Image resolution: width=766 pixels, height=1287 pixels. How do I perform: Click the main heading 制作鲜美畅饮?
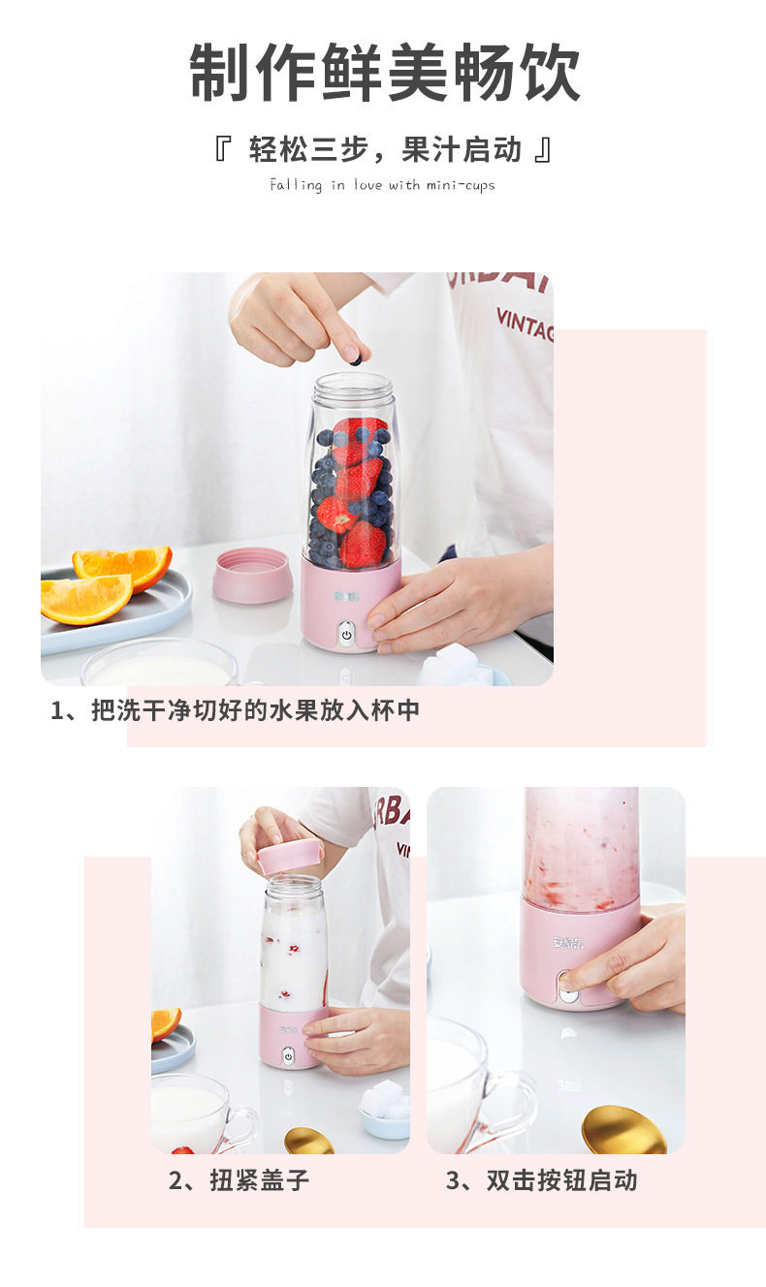pyautogui.click(x=384, y=73)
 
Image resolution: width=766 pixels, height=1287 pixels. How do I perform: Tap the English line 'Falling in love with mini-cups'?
pyautogui.click(x=382, y=185)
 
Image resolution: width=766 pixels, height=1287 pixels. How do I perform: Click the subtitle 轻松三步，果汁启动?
pyautogui.click(x=385, y=149)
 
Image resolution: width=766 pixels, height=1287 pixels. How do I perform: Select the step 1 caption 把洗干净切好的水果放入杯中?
pyautogui.click(x=256, y=710)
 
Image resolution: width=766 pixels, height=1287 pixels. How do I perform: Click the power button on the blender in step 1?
pyautogui.click(x=346, y=636)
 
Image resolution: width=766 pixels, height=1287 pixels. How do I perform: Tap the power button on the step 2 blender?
pyautogui.click(x=288, y=1056)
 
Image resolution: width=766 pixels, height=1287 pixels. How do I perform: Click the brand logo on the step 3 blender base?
pyautogui.click(x=568, y=943)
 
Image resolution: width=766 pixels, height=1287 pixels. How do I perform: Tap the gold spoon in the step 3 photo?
pyautogui.click(x=622, y=1131)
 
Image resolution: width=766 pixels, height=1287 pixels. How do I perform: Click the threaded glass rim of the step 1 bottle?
pyautogui.click(x=353, y=389)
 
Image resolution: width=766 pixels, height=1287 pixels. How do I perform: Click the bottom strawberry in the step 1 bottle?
pyautogui.click(x=362, y=545)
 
